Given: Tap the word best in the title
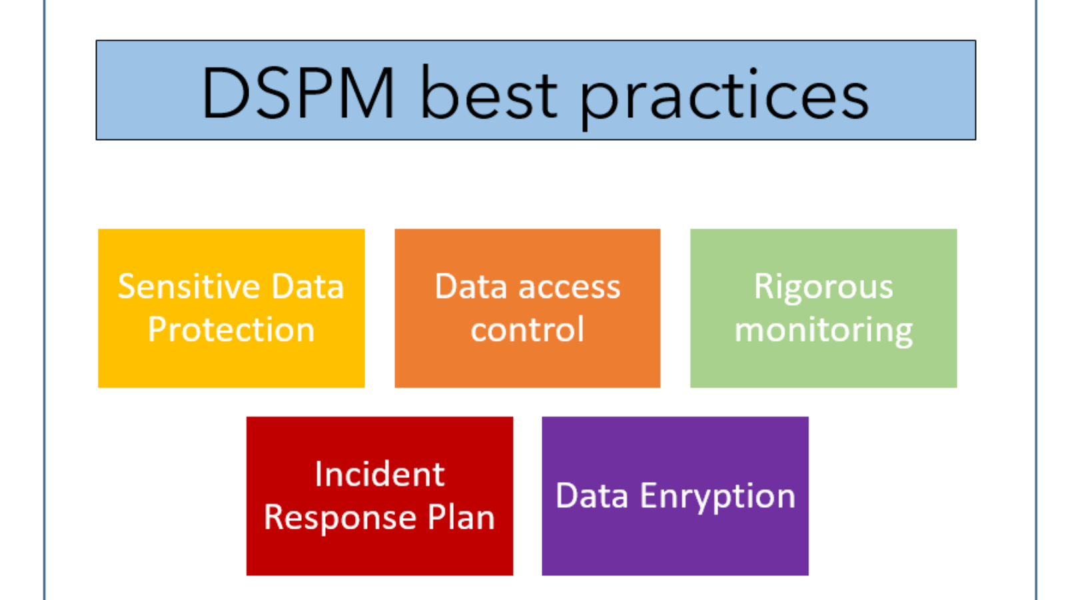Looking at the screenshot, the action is [489, 92].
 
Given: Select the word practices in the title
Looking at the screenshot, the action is [724, 98].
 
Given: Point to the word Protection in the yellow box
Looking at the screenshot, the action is [231, 329].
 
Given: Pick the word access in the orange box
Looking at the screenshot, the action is [569, 287].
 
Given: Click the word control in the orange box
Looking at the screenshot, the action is [527, 329].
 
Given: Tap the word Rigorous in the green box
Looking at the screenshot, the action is [823, 287].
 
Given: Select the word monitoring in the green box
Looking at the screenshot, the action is [823, 331].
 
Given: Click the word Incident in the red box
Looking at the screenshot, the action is [380, 474].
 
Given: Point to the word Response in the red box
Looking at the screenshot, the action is [340, 518].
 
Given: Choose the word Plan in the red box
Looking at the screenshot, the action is [461, 517].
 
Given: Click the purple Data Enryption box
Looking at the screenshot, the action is [676, 496].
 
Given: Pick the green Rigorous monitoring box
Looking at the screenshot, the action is [823, 308].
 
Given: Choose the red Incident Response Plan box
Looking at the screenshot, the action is [380, 496].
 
